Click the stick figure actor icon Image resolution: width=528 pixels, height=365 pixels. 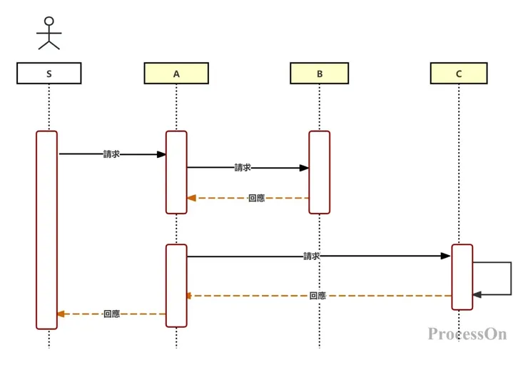[49, 33]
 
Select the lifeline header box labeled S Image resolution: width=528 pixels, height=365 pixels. [49, 74]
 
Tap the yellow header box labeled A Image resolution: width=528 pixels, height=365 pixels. [176, 74]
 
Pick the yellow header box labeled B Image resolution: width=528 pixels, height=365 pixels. [319, 74]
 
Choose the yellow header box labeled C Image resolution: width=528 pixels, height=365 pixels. [459, 74]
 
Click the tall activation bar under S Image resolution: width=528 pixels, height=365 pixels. [47, 229]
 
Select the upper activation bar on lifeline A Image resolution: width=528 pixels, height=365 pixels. [176, 172]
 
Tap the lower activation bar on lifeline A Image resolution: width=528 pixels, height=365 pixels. [176, 285]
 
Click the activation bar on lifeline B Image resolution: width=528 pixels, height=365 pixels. [319, 172]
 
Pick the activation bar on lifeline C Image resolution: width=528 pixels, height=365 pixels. [462, 277]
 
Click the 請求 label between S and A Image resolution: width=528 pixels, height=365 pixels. [111, 154]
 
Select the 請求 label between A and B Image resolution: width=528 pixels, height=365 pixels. [243, 168]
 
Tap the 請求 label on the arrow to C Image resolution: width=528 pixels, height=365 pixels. [311, 256]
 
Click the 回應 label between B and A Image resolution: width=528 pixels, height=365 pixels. [256, 199]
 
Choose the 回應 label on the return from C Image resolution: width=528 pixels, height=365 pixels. [318, 296]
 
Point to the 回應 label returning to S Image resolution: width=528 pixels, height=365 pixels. [111, 314]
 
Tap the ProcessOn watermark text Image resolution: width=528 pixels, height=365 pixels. [467, 334]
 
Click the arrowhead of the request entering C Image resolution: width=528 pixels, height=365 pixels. [446, 256]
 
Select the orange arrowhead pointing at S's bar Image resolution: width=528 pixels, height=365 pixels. [61, 314]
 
